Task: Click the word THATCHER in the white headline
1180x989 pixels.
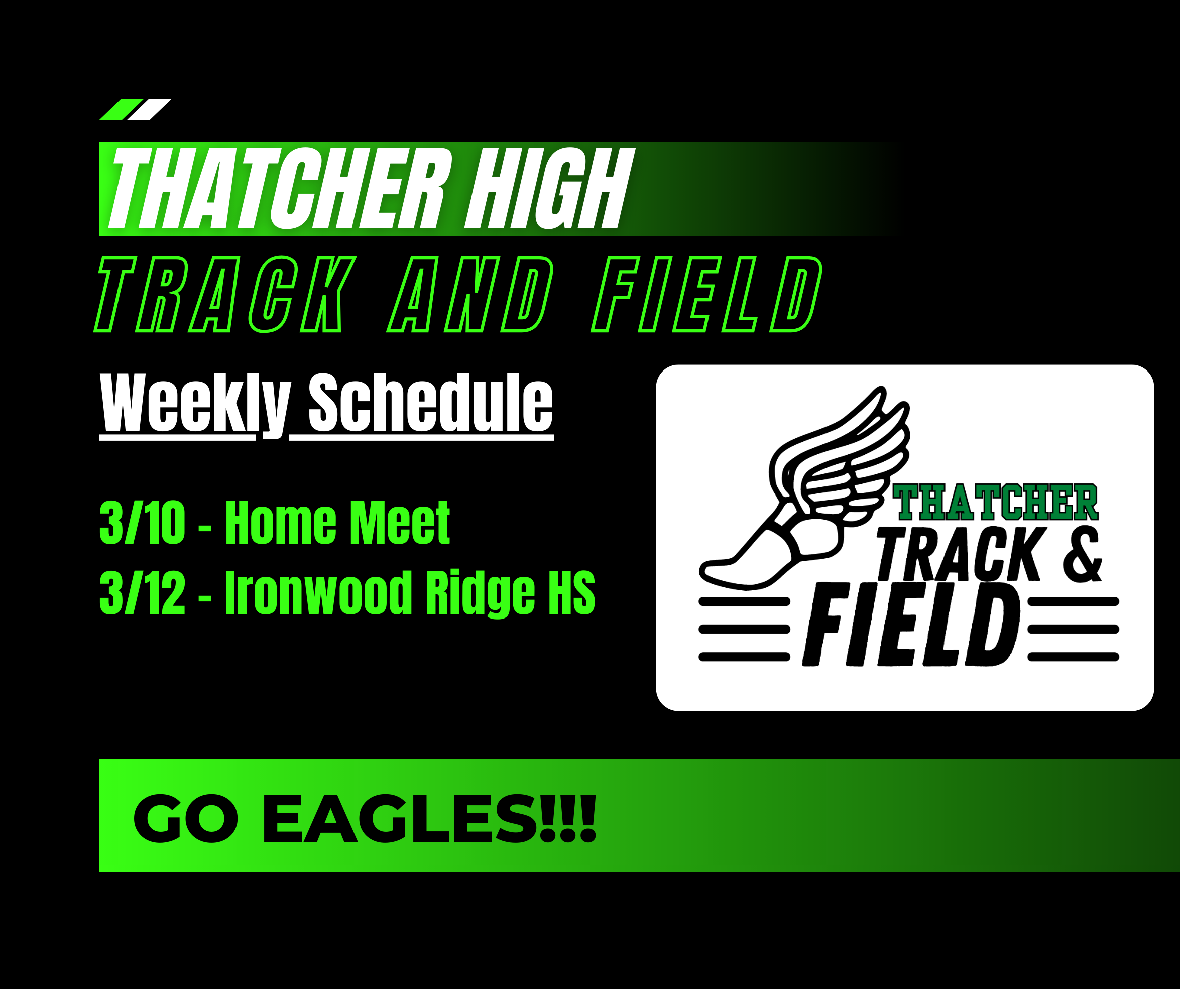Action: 280,189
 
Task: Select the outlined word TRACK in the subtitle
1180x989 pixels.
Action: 225,294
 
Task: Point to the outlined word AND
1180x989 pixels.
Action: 471,294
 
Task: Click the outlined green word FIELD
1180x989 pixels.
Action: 707,294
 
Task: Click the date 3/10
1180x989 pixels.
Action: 142,523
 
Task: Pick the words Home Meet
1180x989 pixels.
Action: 337,523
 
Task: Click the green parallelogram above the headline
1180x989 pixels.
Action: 122,109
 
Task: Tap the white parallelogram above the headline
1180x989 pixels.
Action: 150,109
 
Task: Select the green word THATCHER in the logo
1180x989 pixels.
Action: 995,502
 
